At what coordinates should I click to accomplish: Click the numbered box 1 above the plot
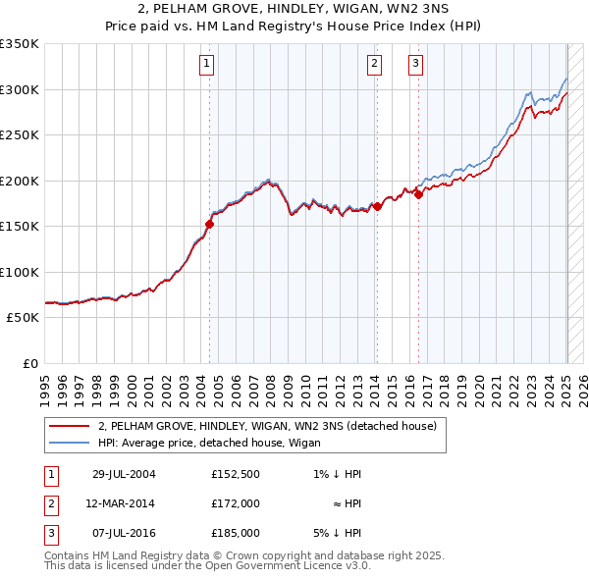click(x=208, y=65)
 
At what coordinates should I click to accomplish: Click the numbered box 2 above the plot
click(x=375, y=65)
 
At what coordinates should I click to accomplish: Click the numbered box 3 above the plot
click(x=416, y=65)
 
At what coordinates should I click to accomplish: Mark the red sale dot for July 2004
click(x=209, y=224)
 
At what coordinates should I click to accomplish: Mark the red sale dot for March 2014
click(x=377, y=206)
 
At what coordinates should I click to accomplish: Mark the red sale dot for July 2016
click(x=418, y=194)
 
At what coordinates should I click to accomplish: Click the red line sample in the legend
click(x=68, y=425)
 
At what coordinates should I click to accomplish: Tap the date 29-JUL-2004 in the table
click(x=124, y=474)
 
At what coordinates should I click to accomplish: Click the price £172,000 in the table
click(x=236, y=503)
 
